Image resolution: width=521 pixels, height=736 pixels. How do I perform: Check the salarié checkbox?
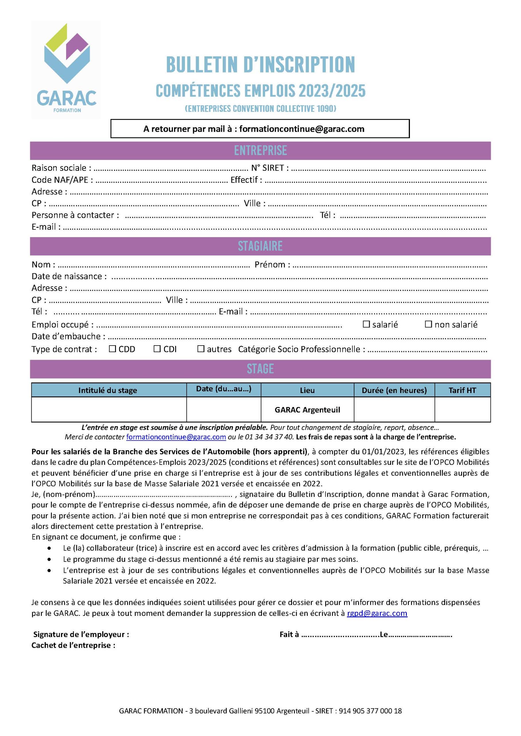tap(366, 324)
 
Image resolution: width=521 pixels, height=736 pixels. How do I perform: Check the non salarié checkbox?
tap(428, 324)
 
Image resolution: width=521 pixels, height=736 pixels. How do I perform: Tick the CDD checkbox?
tap(112, 349)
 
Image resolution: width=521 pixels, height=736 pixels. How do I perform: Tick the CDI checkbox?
tap(157, 349)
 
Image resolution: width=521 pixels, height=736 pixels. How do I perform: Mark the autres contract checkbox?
tap(201, 349)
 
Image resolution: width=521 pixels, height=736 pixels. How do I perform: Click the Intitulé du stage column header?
tap(108, 390)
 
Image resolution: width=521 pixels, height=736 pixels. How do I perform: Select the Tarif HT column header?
tap(462, 390)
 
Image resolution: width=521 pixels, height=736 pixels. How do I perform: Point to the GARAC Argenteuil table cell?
tap(307, 410)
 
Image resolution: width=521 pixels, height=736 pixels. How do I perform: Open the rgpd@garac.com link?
tap(377, 613)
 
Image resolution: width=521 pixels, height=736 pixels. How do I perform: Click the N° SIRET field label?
tap(270, 168)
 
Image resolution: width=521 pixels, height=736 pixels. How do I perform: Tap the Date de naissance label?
tap(69, 276)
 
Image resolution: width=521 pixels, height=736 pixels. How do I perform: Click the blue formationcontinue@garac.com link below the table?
tap(176, 437)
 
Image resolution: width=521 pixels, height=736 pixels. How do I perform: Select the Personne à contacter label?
tap(75, 215)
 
